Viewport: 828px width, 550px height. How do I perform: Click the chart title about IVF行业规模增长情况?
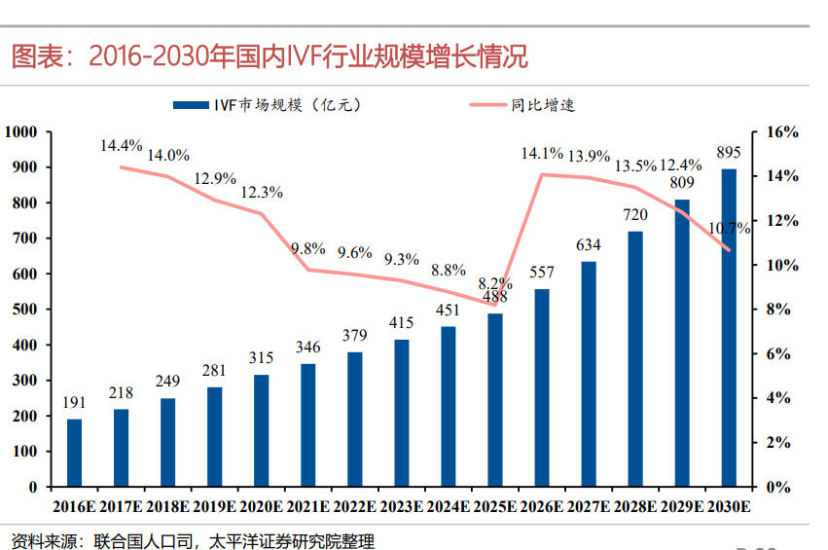pyautogui.click(x=270, y=56)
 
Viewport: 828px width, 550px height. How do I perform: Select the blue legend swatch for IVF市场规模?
pyautogui.click(x=191, y=105)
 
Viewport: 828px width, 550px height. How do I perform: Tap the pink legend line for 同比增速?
pyautogui.click(x=487, y=105)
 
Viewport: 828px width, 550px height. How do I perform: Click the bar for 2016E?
pyautogui.click(x=75, y=453)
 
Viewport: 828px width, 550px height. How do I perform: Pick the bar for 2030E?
pyautogui.click(x=729, y=328)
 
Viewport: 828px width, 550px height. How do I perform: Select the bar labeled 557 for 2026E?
pyautogui.click(x=542, y=387)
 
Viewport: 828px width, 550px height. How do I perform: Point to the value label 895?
pyautogui.click(x=729, y=153)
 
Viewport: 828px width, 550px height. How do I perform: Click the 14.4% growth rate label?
pyautogui.click(x=122, y=145)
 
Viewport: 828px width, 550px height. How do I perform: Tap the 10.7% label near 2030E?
pyautogui.click(x=730, y=228)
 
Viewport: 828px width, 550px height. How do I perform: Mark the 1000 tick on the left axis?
pyautogui.click(x=20, y=131)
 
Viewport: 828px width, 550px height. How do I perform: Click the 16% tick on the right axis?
pyautogui.click(x=782, y=132)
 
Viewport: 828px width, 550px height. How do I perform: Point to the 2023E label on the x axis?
pyautogui.click(x=402, y=506)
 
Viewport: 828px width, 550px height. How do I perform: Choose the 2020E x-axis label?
pyautogui.click(x=262, y=506)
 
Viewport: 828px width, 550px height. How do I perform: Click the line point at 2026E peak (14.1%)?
pyautogui.click(x=542, y=174)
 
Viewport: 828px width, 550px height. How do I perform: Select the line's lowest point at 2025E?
pyautogui.click(x=495, y=305)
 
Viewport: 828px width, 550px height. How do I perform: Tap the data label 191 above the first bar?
pyautogui.click(x=74, y=403)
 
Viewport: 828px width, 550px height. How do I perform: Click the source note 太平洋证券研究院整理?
pyautogui.click(x=292, y=541)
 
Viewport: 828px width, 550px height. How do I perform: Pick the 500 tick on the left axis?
pyautogui.click(x=24, y=310)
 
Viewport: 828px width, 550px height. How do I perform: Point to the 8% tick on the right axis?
pyautogui.click(x=778, y=310)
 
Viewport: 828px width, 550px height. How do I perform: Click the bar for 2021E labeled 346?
pyautogui.click(x=307, y=425)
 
